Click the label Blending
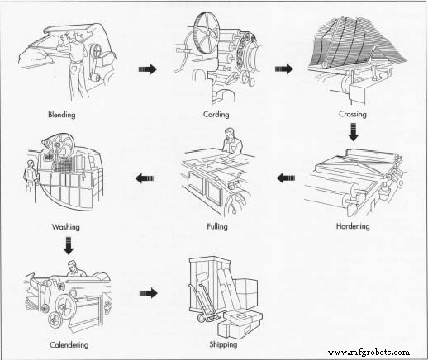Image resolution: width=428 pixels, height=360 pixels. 61,114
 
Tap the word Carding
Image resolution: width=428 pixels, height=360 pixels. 217,114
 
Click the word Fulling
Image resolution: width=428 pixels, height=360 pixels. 217,225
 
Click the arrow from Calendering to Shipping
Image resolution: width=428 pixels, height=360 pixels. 148,291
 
